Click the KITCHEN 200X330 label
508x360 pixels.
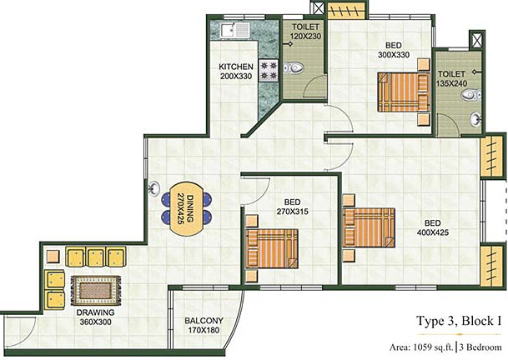(x=237, y=71)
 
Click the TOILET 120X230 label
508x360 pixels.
(x=304, y=32)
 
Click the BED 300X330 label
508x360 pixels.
(x=394, y=49)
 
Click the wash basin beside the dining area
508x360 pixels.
(x=156, y=188)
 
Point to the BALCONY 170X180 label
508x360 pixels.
(x=204, y=325)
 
